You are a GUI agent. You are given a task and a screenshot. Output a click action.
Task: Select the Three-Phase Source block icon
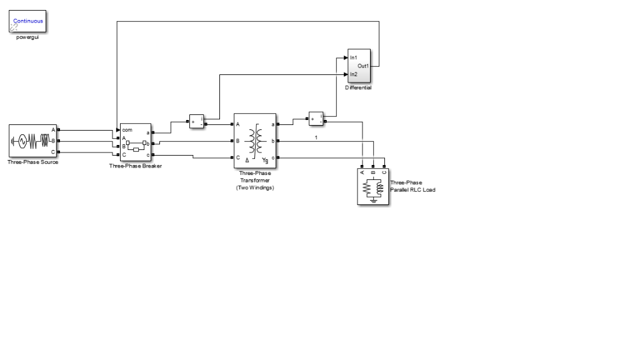32,141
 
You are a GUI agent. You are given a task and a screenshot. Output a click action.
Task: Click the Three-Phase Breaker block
135,142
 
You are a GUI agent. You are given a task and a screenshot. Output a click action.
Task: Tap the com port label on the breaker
127,129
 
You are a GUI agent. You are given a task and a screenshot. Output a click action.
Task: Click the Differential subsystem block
359,66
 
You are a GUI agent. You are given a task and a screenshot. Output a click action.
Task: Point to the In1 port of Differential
353,57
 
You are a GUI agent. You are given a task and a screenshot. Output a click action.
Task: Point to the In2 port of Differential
353,74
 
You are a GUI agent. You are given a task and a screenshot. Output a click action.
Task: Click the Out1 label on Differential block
363,66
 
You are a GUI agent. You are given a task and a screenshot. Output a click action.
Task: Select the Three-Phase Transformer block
255,141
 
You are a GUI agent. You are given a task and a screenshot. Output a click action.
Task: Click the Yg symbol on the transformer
266,161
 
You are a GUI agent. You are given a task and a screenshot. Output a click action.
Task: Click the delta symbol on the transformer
247,161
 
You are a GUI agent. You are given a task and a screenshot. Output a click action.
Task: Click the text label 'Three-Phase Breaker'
135,166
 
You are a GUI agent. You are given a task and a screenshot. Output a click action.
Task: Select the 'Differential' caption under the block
358,88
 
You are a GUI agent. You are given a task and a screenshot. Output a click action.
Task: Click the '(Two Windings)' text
255,187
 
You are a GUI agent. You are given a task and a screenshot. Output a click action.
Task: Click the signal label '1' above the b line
316,137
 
